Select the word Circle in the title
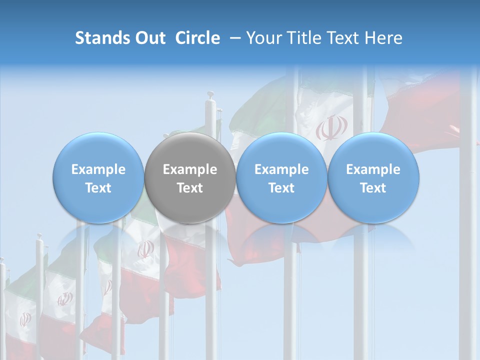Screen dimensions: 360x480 pos(197,38)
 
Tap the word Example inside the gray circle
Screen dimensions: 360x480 pos(190,169)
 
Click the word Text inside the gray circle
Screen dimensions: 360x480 pos(190,188)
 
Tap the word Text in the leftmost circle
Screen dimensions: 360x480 pos(98,188)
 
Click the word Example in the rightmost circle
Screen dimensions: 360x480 pos(373,169)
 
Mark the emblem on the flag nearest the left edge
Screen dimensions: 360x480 pos(24,319)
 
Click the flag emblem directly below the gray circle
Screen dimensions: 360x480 pos(146,248)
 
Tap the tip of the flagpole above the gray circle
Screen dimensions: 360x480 pos(210,95)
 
